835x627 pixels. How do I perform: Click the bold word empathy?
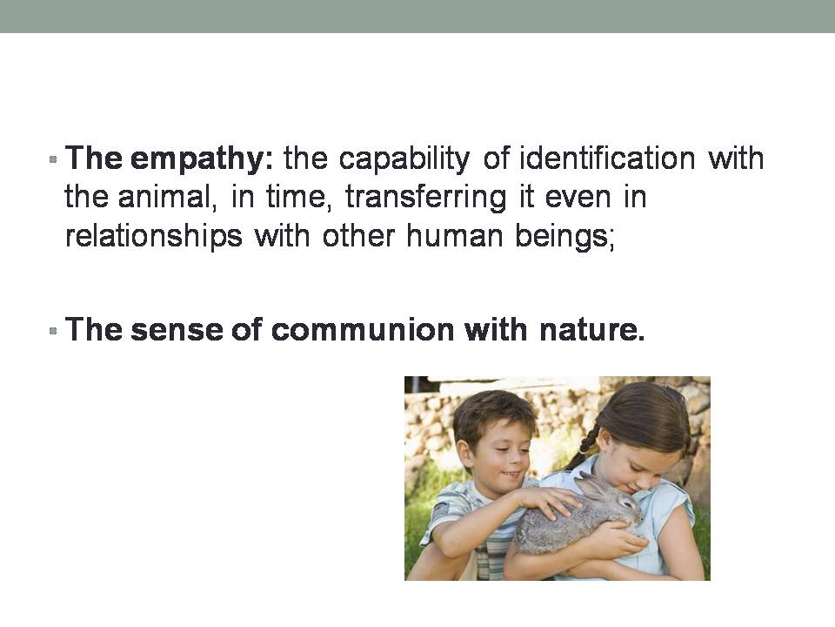[x=202, y=159]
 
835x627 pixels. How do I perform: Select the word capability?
[x=404, y=159]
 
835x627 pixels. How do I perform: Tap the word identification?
[x=608, y=158]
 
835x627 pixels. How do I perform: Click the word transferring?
[x=426, y=198]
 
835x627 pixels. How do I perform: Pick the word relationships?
[x=153, y=236]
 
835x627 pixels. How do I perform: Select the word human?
[x=455, y=235]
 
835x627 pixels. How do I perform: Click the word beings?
[x=565, y=236]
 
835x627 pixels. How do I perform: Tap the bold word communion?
[x=362, y=329]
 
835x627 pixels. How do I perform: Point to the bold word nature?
[x=592, y=330]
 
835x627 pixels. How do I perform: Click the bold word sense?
[x=177, y=330]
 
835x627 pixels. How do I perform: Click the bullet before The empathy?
[x=53, y=158]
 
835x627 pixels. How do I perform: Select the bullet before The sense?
[x=53, y=331]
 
